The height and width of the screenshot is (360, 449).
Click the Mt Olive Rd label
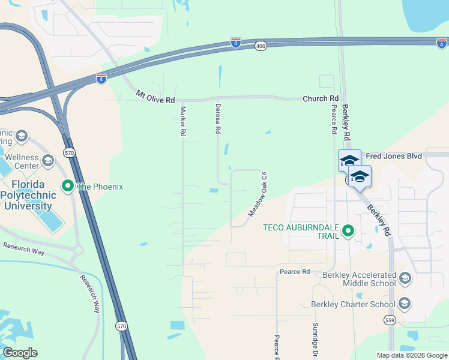[155, 95]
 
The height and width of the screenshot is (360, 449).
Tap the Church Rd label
[321, 98]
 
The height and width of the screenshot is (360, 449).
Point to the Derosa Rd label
[218, 118]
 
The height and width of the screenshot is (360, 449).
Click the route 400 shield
[260, 46]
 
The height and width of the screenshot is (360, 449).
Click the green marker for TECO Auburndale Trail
[347, 230]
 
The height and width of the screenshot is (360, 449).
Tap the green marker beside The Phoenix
[68, 187]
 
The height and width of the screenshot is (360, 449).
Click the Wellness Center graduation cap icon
[47, 160]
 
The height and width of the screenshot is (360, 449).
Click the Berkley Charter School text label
[353, 304]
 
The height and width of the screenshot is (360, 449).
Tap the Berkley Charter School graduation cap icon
[405, 304]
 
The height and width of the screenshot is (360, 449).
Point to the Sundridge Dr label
[314, 338]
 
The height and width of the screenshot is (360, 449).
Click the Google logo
[20, 353]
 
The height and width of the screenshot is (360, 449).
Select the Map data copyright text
[411, 355]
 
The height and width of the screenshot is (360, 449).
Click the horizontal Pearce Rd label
[294, 272]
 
